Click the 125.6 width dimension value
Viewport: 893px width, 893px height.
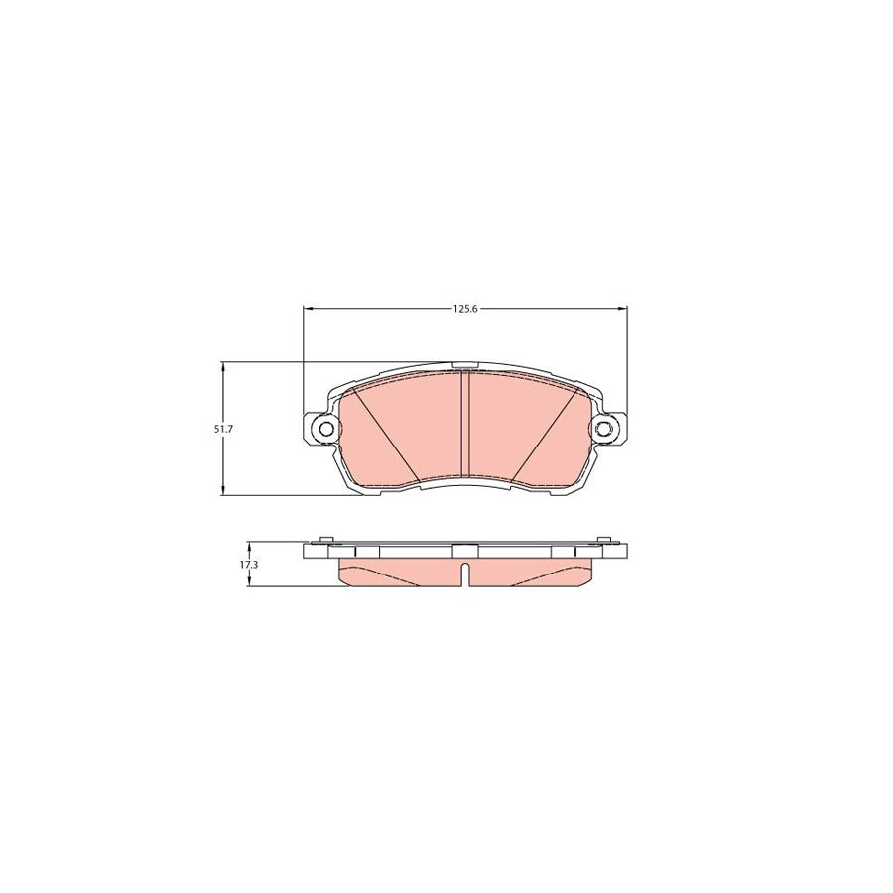point(465,309)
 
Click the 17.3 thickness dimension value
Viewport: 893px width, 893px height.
point(248,564)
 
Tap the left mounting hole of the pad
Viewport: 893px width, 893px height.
point(323,428)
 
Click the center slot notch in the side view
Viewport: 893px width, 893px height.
point(464,574)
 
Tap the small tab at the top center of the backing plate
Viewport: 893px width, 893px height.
point(464,364)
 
